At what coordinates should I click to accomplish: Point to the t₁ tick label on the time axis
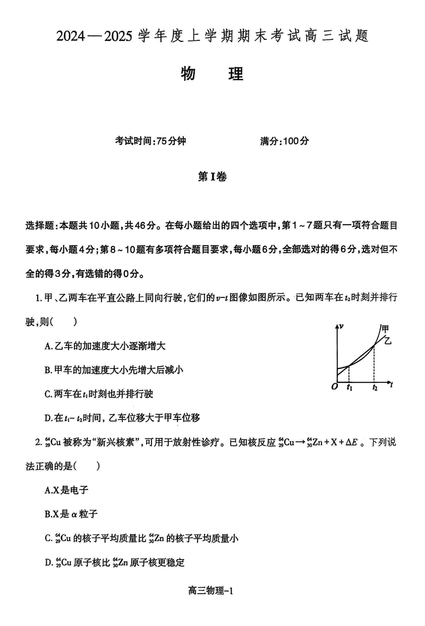pyautogui.click(x=349, y=388)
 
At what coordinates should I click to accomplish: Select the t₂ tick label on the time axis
pyautogui.click(x=375, y=388)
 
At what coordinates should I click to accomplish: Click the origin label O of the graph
pyautogui.click(x=334, y=387)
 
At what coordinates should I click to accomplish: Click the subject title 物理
pyautogui.click(x=212, y=74)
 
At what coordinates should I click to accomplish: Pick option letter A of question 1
pyautogui.click(x=48, y=346)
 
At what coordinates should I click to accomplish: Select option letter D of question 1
pyautogui.click(x=48, y=418)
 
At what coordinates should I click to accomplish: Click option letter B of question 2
pyautogui.click(x=48, y=514)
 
